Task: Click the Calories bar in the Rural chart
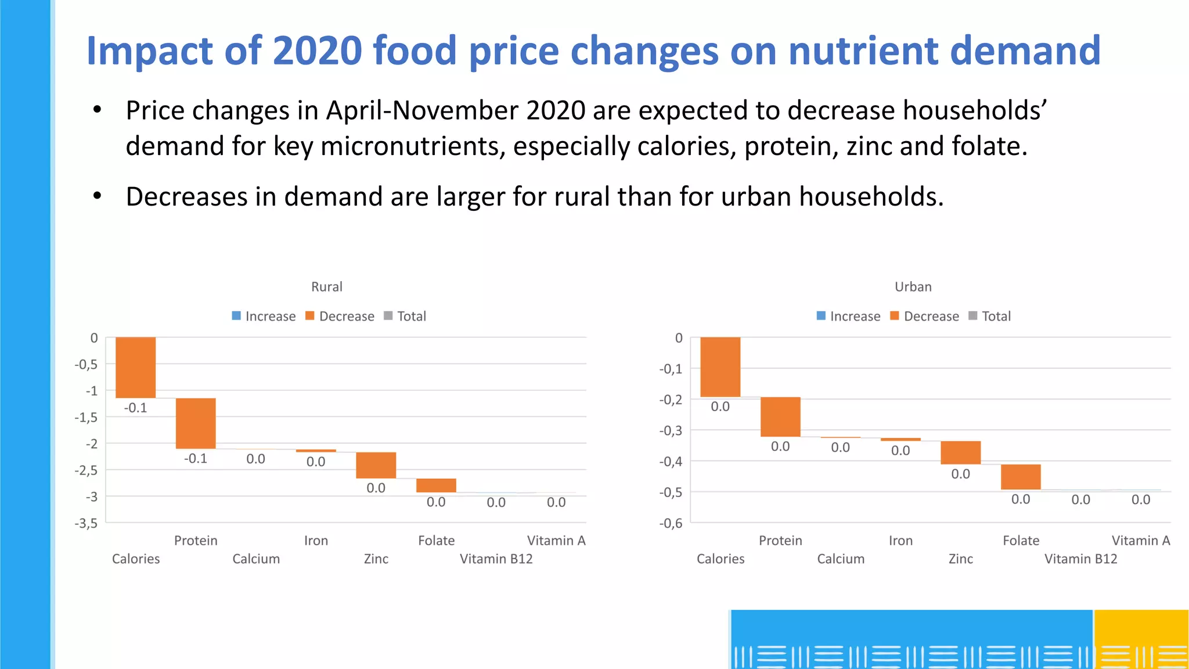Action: click(135, 367)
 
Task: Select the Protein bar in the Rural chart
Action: click(196, 423)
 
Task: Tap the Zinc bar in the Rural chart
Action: click(376, 465)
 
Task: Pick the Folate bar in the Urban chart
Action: click(1021, 477)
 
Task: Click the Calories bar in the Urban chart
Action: click(720, 366)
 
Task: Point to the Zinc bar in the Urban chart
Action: click(960, 452)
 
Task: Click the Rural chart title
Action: click(327, 287)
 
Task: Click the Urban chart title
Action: click(913, 287)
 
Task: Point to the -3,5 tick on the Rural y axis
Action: click(86, 523)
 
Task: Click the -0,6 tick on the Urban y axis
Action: click(671, 523)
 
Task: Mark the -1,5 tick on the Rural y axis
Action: click(86, 418)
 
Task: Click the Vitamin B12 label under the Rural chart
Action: click(496, 559)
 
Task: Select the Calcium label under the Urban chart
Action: click(841, 559)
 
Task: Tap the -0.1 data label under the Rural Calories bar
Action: click(135, 408)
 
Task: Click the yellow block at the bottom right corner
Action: click(1141, 639)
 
